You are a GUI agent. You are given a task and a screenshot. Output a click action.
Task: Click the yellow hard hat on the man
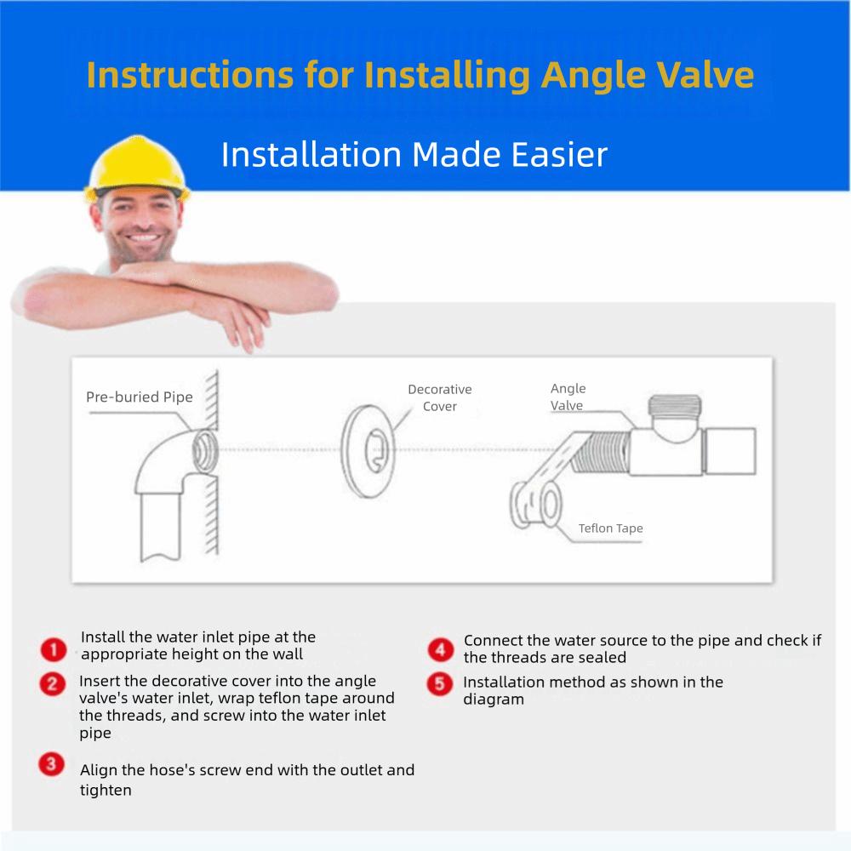point(137,170)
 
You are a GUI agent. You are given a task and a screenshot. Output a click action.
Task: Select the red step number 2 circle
point(54,683)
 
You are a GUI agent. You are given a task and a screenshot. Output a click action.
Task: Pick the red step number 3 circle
point(51,764)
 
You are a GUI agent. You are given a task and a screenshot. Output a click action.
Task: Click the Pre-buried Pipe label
point(140,397)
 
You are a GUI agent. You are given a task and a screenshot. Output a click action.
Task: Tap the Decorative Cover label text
point(439,398)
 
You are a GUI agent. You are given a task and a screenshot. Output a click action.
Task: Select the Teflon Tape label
point(610,528)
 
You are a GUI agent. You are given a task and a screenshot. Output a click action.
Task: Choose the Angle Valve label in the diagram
point(568,397)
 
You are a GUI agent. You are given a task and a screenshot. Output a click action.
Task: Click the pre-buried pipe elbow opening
point(205,448)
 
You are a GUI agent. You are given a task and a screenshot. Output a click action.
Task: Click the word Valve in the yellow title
point(701,76)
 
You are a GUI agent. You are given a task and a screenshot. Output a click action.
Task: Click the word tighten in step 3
point(106,791)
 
